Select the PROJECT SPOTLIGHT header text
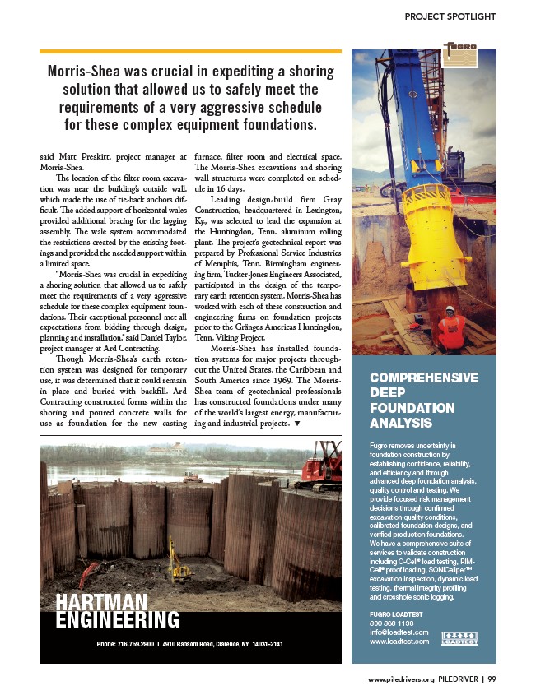point(450,16)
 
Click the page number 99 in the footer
point(492,679)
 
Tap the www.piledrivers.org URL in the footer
point(402,679)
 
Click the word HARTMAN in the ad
point(102,603)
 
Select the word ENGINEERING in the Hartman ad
point(118,621)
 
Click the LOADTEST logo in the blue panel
point(459,639)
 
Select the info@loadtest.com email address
point(399,632)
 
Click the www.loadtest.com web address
point(399,641)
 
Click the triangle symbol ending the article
point(296,424)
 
